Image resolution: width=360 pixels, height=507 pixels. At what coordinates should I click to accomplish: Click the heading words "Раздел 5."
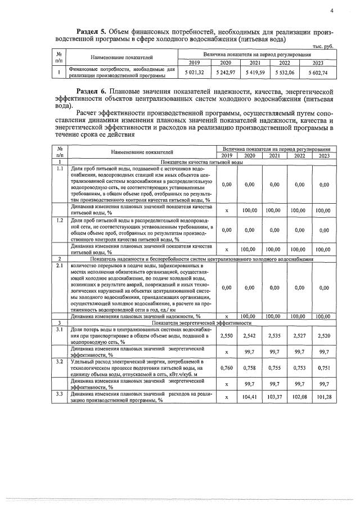92,30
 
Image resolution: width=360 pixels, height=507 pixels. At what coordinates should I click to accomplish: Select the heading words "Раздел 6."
92,91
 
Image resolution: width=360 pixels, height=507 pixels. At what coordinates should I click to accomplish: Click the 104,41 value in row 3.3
249,397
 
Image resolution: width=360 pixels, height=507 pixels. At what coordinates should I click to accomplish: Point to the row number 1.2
60,220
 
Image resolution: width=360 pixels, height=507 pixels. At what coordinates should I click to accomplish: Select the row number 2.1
60,264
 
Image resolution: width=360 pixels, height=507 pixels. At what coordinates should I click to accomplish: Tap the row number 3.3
60,393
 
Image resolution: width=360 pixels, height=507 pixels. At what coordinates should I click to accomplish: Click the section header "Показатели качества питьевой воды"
202,161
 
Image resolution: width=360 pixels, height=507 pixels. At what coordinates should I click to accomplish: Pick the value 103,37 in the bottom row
274,397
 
